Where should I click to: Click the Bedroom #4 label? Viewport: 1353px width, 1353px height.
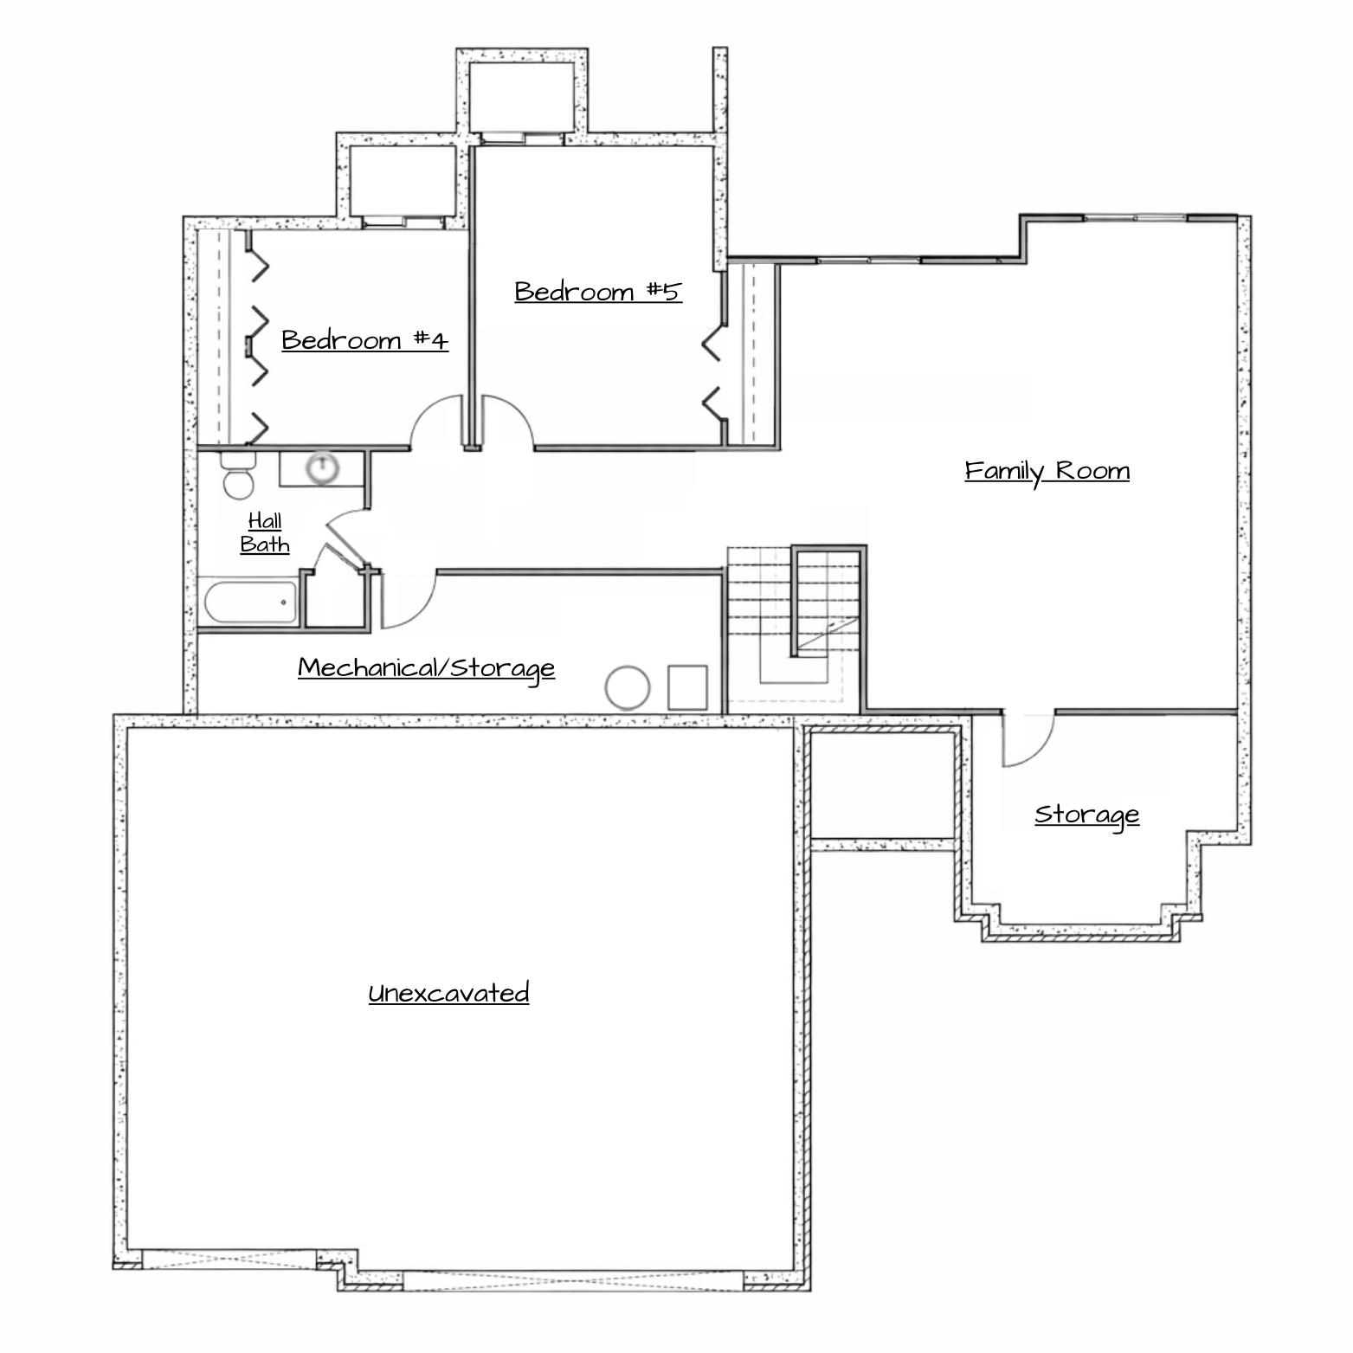tap(365, 339)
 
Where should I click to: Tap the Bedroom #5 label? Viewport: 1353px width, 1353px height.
tap(598, 291)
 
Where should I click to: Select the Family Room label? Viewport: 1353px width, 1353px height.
tap(1047, 471)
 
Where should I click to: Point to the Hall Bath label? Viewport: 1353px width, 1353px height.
tap(265, 532)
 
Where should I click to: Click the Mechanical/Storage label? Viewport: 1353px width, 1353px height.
tap(426, 667)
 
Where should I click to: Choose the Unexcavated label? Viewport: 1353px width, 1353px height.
tap(448, 993)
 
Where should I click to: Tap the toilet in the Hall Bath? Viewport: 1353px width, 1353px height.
tap(237, 475)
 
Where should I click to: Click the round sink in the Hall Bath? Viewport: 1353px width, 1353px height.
tap(322, 467)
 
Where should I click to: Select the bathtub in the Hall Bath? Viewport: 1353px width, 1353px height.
tap(250, 602)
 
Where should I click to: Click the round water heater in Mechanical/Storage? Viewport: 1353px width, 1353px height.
tap(628, 688)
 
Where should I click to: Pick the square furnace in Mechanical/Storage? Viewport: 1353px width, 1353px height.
tap(688, 687)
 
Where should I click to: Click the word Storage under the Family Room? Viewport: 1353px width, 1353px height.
tap(1087, 815)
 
